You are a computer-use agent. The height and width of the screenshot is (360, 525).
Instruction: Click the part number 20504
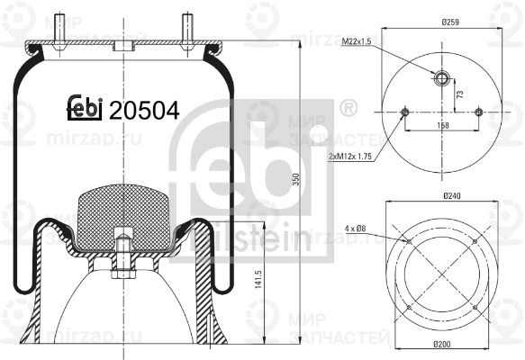144,110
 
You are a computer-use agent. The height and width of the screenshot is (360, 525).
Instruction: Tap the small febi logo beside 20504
86,109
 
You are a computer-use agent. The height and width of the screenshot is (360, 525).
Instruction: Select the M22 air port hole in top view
441,77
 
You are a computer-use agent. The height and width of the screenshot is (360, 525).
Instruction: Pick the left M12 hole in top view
404,112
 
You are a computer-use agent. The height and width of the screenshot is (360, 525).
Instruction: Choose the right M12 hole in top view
478,112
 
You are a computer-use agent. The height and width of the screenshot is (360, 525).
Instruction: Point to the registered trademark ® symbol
347,109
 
